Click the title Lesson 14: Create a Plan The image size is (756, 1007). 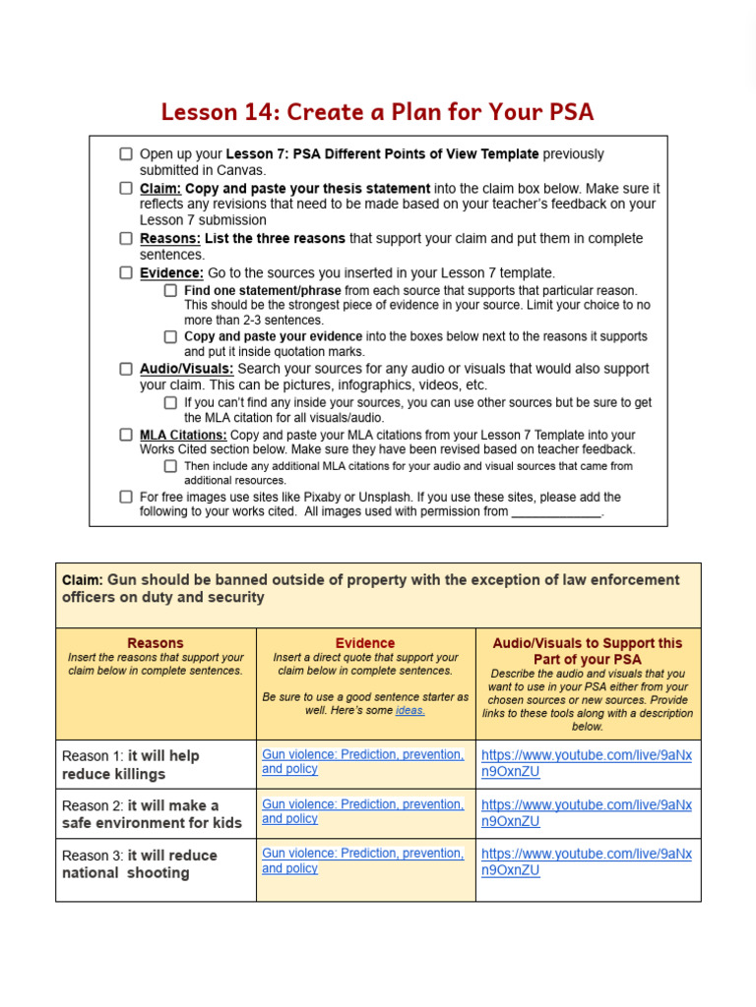pos(377,111)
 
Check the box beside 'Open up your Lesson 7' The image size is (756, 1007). pos(126,154)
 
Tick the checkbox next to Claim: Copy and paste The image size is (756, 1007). pos(126,188)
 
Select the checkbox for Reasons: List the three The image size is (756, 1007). pos(126,238)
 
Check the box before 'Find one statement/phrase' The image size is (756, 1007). pos(170,290)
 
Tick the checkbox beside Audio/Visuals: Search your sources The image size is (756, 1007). pos(126,369)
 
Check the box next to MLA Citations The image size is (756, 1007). pos(126,434)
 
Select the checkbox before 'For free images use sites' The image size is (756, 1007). pos(126,497)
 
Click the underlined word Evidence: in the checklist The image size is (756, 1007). pos(171,272)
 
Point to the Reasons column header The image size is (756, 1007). pos(156,643)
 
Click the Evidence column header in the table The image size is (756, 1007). pos(365,643)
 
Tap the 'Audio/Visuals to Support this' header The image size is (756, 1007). pos(588,643)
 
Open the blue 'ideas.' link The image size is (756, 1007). pos(409,710)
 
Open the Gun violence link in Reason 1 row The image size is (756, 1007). pos(362,761)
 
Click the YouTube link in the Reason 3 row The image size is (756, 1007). pos(586,862)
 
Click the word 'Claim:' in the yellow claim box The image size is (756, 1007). pos(82,580)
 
